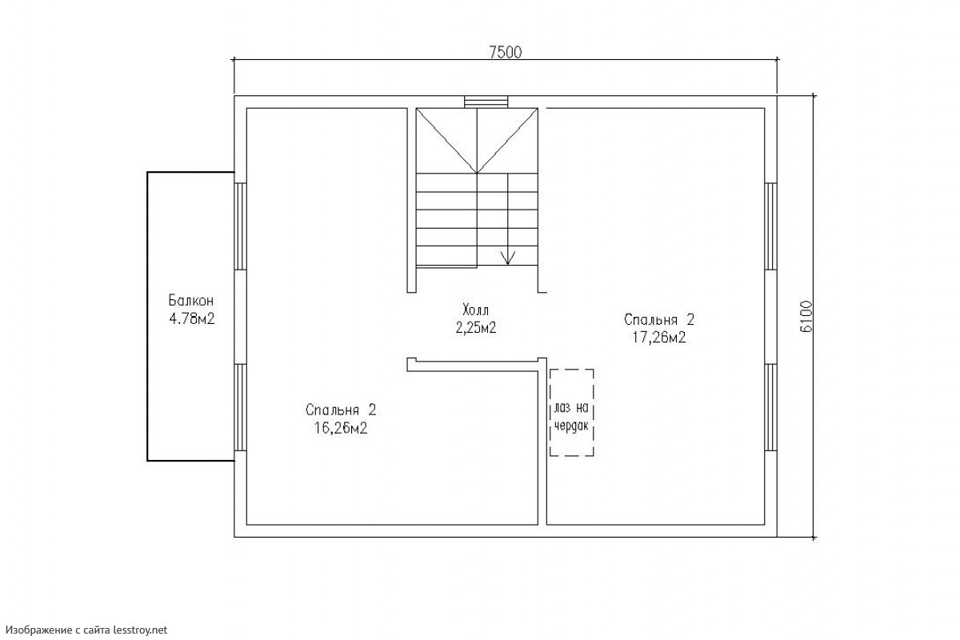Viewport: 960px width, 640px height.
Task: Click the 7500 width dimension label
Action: pos(506,52)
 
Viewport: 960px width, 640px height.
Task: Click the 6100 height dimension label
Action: pos(806,316)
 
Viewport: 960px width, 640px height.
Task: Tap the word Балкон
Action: pos(190,301)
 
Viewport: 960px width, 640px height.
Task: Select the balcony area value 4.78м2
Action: pos(191,319)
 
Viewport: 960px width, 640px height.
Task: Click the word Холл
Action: pos(475,310)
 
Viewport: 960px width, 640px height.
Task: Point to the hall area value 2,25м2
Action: pos(476,328)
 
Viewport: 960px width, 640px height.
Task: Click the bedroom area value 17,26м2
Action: pos(659,338)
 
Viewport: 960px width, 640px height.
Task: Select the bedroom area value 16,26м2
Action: pos(341,428)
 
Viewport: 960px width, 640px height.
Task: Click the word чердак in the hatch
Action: pos(571,426)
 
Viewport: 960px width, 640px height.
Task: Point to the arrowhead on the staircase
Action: pos(508,258)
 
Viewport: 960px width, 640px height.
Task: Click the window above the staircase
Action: pos(486,102)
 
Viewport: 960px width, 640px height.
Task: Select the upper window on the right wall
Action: pos(770,226)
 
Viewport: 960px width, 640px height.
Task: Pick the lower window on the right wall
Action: pos(770,408)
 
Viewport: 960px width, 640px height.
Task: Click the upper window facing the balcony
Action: pos(241,226)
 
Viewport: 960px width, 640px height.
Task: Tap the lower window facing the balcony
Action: pos(241,408)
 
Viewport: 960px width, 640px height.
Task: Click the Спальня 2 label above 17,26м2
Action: pos(659,319)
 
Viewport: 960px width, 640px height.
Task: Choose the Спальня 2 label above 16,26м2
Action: pos(341,410)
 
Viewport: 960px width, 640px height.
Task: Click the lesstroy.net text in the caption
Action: pos(140,630)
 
